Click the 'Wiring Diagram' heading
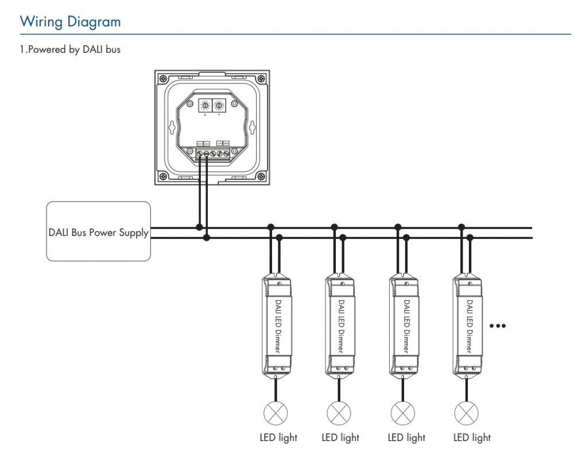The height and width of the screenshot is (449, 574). (x=70, y=22)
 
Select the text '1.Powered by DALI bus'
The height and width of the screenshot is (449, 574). (x=70, y=50)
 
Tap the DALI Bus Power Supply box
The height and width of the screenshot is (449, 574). (x=98, y=231)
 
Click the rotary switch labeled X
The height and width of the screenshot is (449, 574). (x=204, y=106)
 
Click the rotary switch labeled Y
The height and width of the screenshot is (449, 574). (x=218, y=106)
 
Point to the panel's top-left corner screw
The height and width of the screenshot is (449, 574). (x=162, y=76)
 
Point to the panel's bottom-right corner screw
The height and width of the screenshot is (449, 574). (x=261, y=176)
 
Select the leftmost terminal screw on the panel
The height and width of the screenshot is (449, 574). (x=199, y=153)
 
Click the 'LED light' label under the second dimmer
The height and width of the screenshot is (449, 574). (x=340, y=438)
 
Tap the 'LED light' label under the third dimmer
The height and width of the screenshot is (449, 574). (x=406, y=438)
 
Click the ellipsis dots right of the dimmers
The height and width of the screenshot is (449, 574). (x=497, y=326)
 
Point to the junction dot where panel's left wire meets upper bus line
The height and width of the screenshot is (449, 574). (x=199, y=227)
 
